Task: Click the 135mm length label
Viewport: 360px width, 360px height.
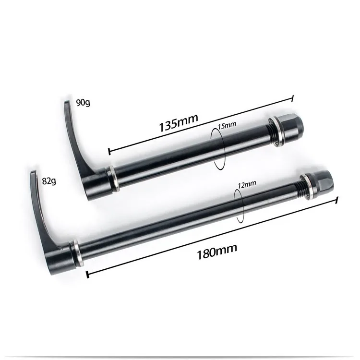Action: pyautogui.click(x=179, y=122)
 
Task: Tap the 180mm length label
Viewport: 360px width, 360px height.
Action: pyautogui.click(x=217, y=252)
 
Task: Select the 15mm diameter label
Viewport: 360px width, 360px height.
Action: pyautogui.click(x=227, y=125)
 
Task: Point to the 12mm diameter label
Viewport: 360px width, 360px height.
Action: pyautogui.click(x=247, y=184)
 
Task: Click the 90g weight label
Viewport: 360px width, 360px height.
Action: pyautogui.click(x=83, y=102)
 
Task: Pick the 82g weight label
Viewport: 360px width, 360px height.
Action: pyautogui.click(x=49, y=181)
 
